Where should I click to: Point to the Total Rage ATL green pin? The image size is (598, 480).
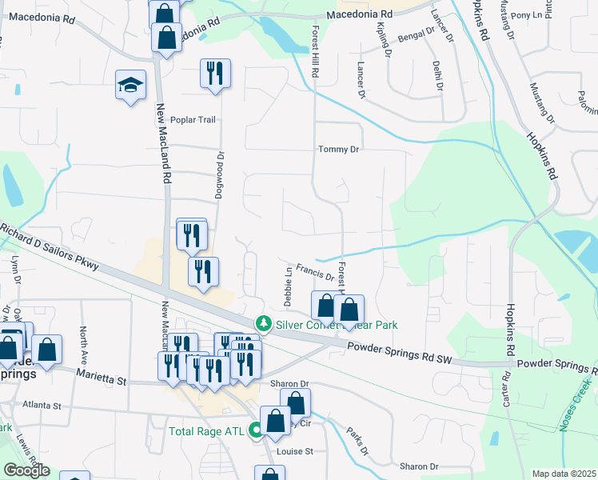256,431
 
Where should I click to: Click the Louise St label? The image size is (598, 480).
294,451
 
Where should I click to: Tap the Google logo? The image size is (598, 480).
26,470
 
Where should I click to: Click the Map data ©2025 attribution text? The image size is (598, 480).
564,474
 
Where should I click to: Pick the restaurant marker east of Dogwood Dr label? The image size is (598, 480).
215,74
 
